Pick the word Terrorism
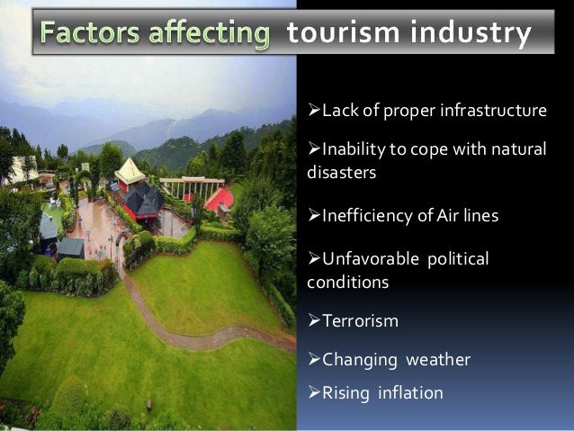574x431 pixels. (x=360, y=321)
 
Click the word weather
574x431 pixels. (x=438, y=360)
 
